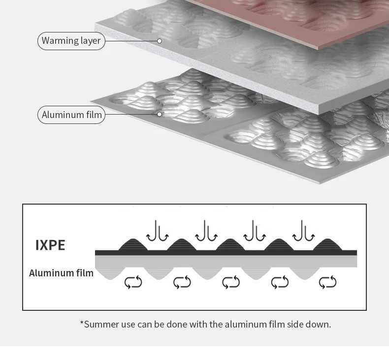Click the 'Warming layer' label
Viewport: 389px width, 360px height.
coord(71,41)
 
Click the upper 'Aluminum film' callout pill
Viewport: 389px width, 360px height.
coord(71,115)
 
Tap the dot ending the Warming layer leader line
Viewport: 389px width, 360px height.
coord(160,41)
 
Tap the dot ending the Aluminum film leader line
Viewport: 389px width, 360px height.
coord(160,115)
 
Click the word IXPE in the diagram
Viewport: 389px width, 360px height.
coord(50,245)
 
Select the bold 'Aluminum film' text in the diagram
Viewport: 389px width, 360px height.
coord(61,273)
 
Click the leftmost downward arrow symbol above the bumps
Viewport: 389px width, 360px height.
coord(158,231)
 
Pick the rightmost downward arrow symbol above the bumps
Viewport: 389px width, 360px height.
coord(304,231)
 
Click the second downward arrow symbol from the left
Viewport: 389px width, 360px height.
coord(206,231)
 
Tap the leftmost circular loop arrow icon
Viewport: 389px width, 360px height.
coord(133,282)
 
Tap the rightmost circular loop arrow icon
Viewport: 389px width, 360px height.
coord(327,282)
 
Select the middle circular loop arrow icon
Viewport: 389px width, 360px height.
coord(230,282)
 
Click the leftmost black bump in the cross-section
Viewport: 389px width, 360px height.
coord(133,245)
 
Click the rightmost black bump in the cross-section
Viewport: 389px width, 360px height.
coord(327,245)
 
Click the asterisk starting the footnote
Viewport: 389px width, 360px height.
coord(82,323)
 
